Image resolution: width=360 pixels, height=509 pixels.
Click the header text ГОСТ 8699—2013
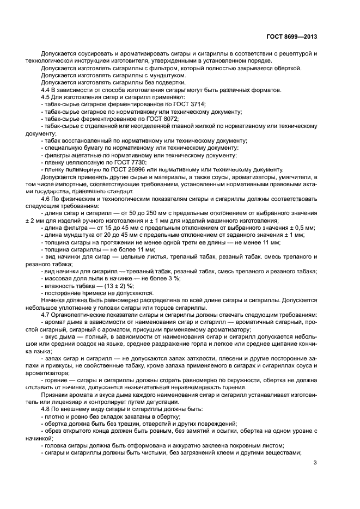point(292,37)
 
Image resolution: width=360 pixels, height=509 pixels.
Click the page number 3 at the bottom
point(315,463)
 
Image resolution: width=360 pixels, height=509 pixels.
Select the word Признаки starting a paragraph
point(54,394)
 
